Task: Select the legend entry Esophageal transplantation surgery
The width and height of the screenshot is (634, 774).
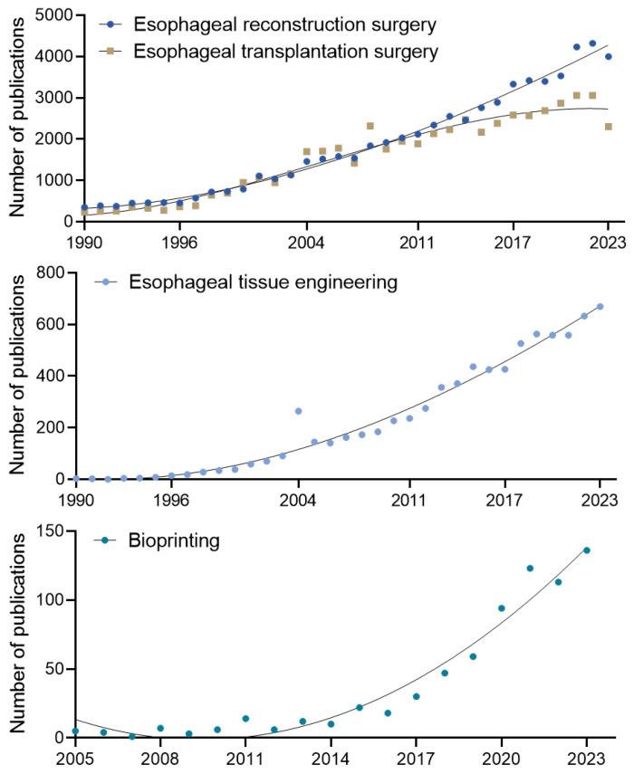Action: click(x=286, y=51)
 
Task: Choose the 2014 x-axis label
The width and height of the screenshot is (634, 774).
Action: click(x=331, y=758)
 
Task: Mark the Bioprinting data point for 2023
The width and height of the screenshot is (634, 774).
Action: click(x=586, y=550)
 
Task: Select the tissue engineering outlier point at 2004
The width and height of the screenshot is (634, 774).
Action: click(x=298, y=411)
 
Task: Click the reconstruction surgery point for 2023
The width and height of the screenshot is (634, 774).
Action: click(x=609, y=56)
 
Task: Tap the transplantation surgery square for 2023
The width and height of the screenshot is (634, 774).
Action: click(x=609, y=127)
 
